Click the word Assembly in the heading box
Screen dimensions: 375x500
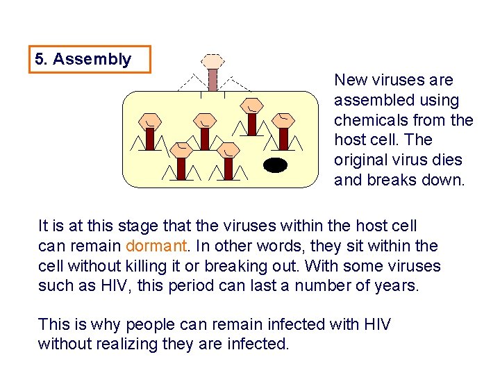pyautogui.click(x=92, y=59)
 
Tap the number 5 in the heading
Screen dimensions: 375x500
pyautogui.click(x=40, y=59)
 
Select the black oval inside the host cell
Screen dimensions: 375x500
pyautogui.click(x=276, y=165)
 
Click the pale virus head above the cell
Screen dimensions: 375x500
pyautogui.click(x=213, y=60)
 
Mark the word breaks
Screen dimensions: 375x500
pyautogui.click(x=385, y=181)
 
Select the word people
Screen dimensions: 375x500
pyautogui.click(x=139, y=324)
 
